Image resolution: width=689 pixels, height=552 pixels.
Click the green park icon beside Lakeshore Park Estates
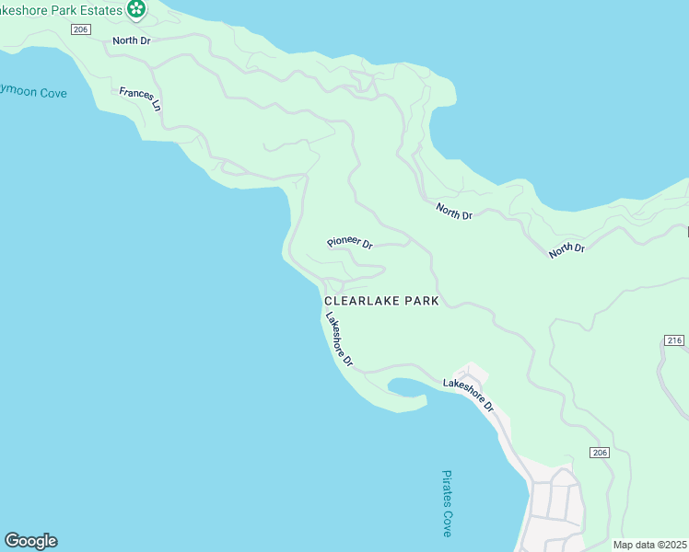pyautogui.click(x=136, y=10)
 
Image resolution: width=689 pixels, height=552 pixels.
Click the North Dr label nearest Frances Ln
pyautogui.click(x=131, y=40)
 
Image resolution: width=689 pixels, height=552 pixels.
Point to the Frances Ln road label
pyautogui.click(x=140, y=99)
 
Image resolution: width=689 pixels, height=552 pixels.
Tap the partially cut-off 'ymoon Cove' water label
pyautogui.click(x=33, y=93)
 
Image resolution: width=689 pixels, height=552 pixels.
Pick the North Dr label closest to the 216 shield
pyautogui.click(x=566, y=249)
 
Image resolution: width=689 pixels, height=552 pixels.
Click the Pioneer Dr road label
pyautogui.click(x=349, y=244)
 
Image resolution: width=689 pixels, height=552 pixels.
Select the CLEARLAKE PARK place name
pyautogui.click(x=380, y=301)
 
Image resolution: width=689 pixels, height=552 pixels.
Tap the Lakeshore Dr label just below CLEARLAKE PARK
pyautogui.click(x=339, y=339)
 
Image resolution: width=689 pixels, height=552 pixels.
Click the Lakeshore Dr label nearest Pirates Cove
pyautogui.click(x=469, y=394)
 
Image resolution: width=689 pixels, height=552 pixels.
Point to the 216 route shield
pyautogui.click(x=673, y=340)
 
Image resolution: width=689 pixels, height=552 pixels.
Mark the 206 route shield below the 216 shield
pyautogui.click(x=600, y=453)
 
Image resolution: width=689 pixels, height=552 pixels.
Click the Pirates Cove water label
pyautogui.click(x=447, y=503)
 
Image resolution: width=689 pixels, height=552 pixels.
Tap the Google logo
pyautogui.click(x=30, y=541)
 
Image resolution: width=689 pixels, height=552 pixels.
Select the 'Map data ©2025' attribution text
pyautogui.click(x=649, y=545)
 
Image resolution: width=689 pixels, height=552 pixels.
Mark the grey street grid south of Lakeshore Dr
pyautogui.click(x=556, y=506)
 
